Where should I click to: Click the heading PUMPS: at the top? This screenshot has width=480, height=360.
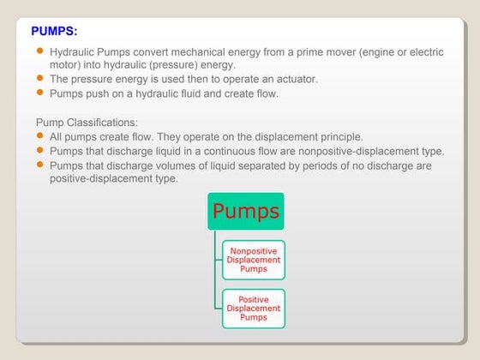pyautogui.click(x=54, y=32)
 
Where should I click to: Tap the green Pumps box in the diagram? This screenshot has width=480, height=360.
pyautogui.click(x=246, y=211)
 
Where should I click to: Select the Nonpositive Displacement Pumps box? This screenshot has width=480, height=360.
pyautogui.click(x=254, y=260)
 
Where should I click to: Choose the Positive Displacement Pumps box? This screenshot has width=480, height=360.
pyautogui.click(x=254, y=309)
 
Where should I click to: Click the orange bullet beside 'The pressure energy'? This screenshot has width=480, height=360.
pyautogui.click(x=40, y=78)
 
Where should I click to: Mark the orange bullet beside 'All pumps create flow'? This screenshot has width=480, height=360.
pyautogui.click(x=40, y=135)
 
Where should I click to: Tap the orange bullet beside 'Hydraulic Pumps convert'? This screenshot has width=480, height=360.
pyautogui.click(x=40, y=51)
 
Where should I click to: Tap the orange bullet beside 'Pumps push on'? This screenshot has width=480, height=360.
pyautogui.click(x=40, y=92)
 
